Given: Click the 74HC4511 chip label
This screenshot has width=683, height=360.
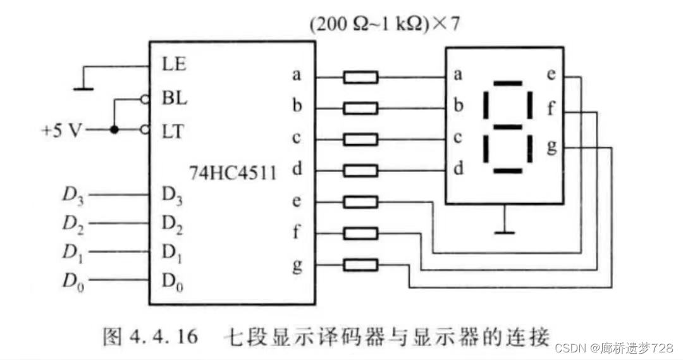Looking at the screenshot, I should click(x=233, y=171).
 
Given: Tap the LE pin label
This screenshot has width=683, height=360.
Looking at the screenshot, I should click(x=174, y=64).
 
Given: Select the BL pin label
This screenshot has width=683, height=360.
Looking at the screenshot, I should click(x=175, y=99).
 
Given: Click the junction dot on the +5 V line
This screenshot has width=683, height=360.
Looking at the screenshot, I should click(x=114, y=130).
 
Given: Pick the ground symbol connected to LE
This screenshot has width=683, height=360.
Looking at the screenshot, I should click(x=83, y=89).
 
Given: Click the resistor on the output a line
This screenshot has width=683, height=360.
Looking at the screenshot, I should click(x=360, y=77).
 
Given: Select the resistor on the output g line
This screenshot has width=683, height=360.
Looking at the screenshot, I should click(x=360, y=264).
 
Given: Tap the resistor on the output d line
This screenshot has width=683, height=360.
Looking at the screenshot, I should click(x=360, y=170).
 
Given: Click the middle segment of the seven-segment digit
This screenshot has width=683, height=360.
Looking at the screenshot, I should click(x=508, y=127).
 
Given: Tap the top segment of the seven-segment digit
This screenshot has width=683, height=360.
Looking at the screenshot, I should click(x=508, y=84).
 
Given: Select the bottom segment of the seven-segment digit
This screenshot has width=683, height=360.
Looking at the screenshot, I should click(x=507, y=171).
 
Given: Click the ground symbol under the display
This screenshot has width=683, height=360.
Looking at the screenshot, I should click(x=504, y=232).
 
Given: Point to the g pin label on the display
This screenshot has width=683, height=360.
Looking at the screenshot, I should click(x=551, y=147).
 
